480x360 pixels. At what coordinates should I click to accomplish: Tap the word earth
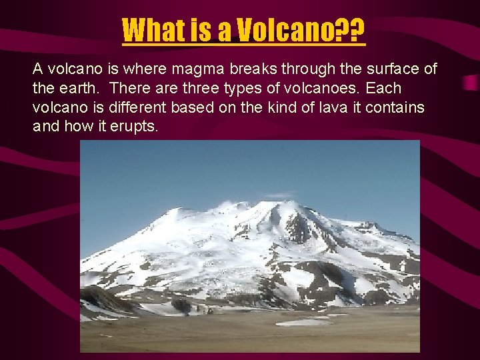point(80,88)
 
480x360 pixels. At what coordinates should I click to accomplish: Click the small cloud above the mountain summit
point(280,195)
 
